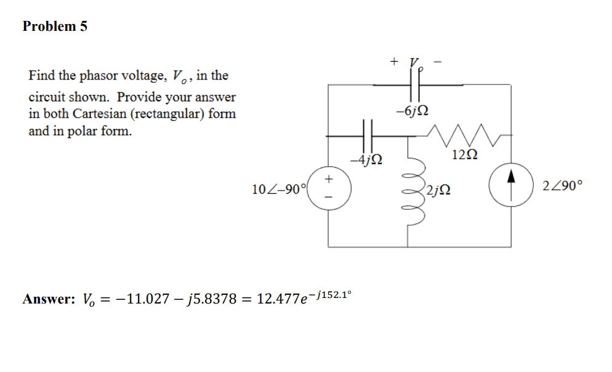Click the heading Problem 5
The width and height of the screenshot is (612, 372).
point(55,27)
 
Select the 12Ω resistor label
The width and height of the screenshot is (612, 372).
point(464,154)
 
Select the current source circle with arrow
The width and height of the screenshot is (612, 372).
point(511,184)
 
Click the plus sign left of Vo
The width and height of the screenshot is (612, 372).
point(394,61)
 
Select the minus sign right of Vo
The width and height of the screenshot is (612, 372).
point(438,61)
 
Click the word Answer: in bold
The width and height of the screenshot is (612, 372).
point(49,300)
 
